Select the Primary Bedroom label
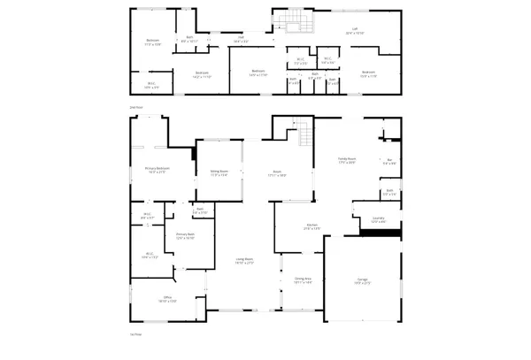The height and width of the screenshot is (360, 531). click(x=158, y=169)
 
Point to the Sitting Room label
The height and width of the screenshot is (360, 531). click(x=219, y=172)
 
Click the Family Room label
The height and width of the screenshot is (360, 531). click(x=346, y=161)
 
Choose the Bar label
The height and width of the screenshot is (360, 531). click(x=389, y=162)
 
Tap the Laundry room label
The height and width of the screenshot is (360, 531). click(x=377, y=220)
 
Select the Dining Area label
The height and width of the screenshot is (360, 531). click(x=303, y=280)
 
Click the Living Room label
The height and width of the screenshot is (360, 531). click(x=243, y=260)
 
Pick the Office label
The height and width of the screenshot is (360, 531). click(x=165, y=299)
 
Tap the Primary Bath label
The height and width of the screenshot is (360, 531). click(x=184, y=237)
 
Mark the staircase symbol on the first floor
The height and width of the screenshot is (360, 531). click(x=304, y=136)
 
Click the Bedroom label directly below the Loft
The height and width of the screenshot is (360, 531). click(x=369, y=73)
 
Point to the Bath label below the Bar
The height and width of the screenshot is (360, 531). click(x=389, y=192)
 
